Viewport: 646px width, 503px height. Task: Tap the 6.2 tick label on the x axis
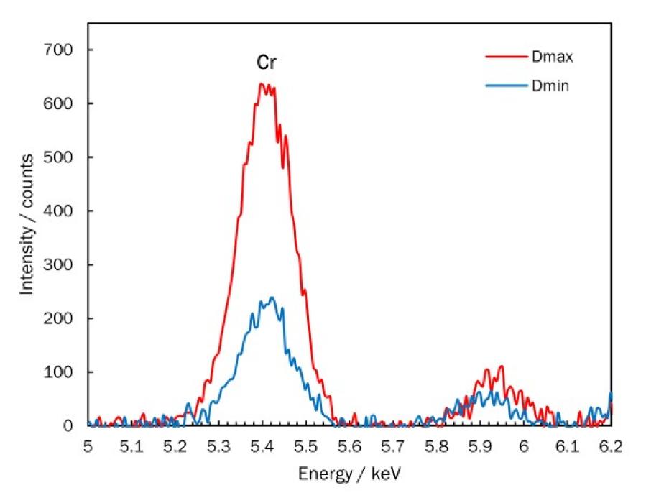pyautogui.click(x=611, y=446)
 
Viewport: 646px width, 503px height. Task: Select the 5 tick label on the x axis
pyautogui.click(x=88, y=446)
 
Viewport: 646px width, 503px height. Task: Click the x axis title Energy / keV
pyautogui.click(x=350, y=475)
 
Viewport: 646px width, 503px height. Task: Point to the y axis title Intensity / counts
pyautogui.click(x=27, y=223)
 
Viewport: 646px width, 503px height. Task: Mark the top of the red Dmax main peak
pyautogui.click(x=264, y=83)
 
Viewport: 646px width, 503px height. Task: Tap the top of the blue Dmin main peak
pyautogui.click(x=272, y=297)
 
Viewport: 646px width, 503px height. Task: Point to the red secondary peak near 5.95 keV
pyautogui.click(x=501, y=366)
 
